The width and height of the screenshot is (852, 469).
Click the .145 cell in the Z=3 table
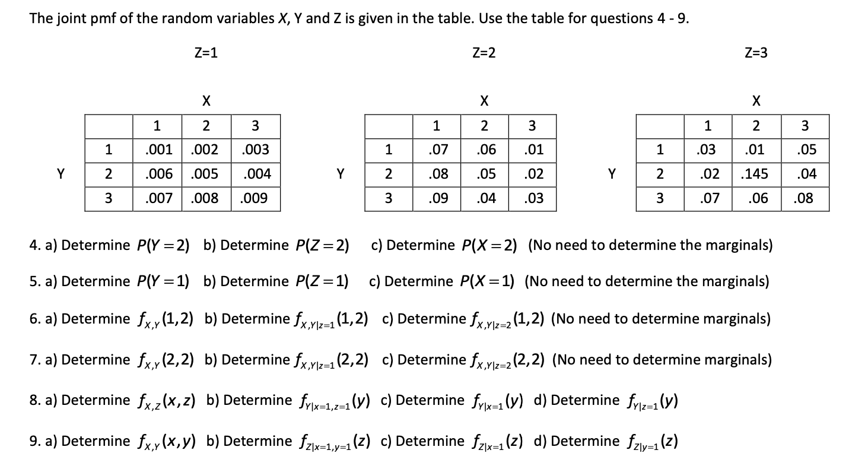tap(755, 174)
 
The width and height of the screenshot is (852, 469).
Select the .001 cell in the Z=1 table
tap(157, 150)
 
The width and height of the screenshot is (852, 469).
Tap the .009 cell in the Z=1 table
tap(255, 198)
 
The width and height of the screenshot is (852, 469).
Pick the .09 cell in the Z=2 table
tap(436, 198)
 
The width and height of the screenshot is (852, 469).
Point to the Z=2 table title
tap(484, 53)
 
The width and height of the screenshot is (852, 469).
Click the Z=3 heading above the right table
tap(755, 53)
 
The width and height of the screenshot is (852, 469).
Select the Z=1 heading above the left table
tap(206, 53)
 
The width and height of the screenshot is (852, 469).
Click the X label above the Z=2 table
tap(484, 101)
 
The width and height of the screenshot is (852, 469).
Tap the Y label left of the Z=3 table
tap(612, 174)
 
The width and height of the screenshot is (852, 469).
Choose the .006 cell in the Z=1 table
tap(157, 174)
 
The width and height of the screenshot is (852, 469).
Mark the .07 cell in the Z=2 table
tap(436, 150)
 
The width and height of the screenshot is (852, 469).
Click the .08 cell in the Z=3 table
tap(805, 198)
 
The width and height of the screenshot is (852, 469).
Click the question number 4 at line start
tap(33, 245)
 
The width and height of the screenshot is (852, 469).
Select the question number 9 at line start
tap(33, 441)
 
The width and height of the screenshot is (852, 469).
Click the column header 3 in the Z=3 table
tap(805, 126)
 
